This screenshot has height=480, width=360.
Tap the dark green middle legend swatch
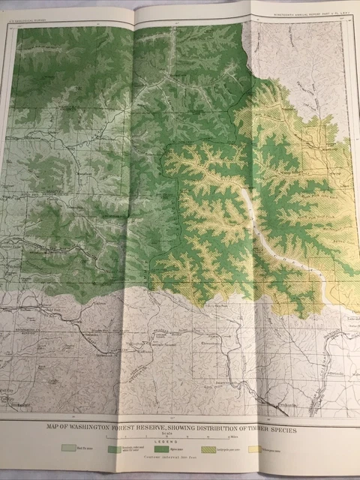point(167,450)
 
